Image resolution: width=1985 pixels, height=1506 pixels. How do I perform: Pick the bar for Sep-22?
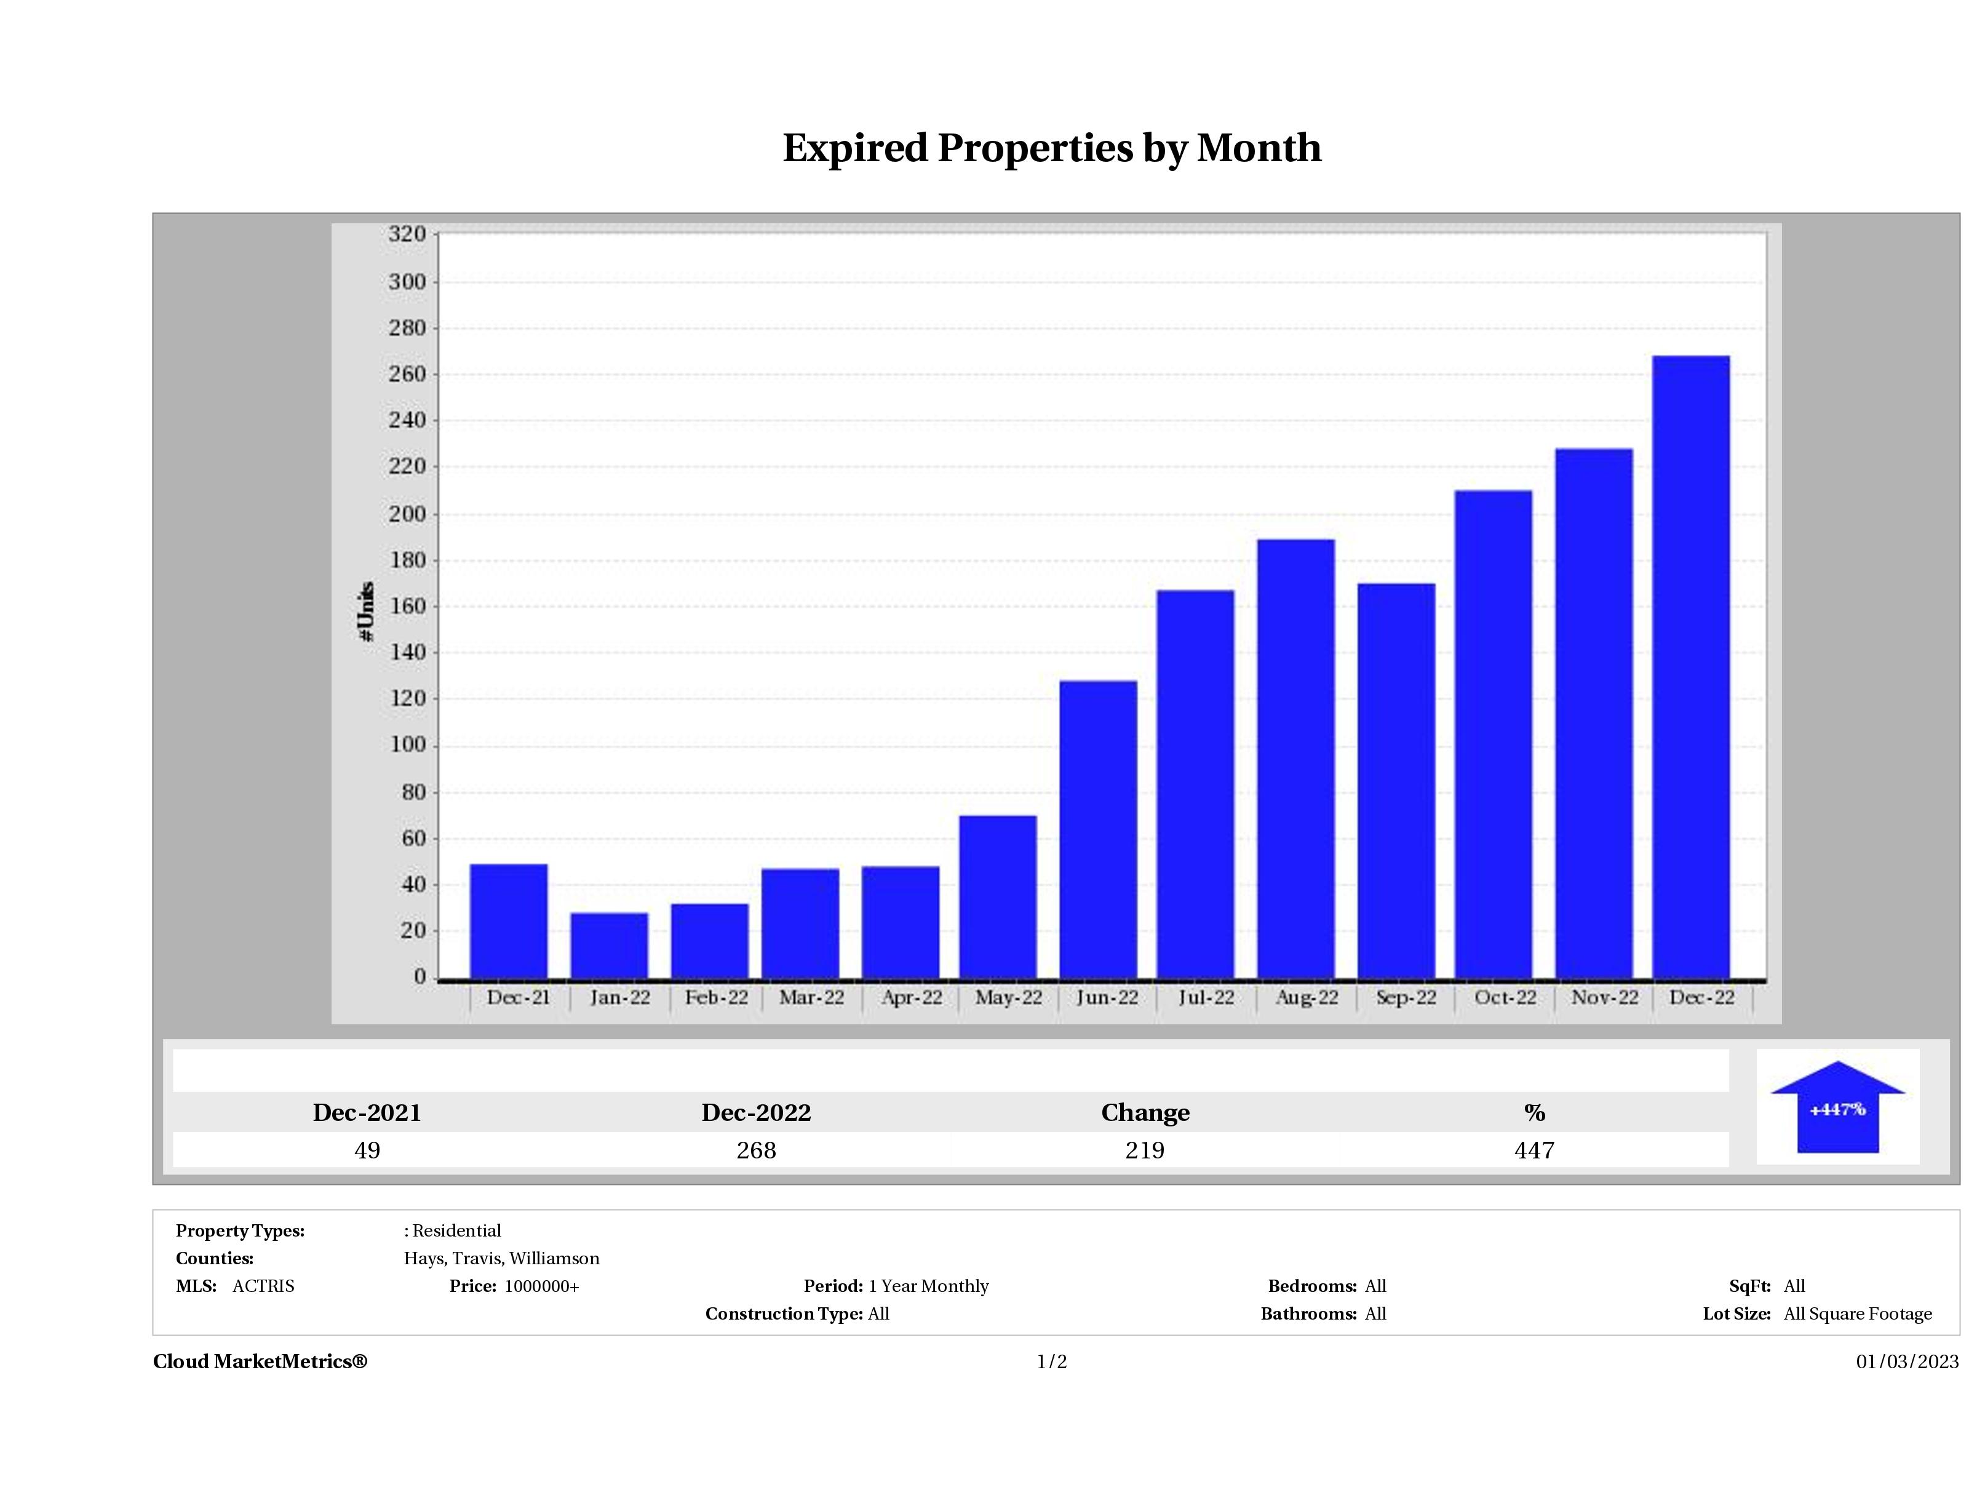click(1396, 781)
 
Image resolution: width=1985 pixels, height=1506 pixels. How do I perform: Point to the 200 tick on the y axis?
click(407, 514)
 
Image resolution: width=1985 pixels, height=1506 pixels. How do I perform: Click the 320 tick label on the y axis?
click(407, 234)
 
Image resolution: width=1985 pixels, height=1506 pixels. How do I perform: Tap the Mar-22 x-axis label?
click(811, 998)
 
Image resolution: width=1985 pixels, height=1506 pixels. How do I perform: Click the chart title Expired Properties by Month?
click(1052, 148)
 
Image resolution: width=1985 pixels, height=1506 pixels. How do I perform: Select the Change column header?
click(1145, 1113)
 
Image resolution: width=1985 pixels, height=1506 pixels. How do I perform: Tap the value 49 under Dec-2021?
click(367, 1150)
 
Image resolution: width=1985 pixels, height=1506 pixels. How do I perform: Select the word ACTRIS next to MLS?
click(263, 1286)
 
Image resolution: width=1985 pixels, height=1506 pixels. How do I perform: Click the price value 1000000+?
click(541, 1286)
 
